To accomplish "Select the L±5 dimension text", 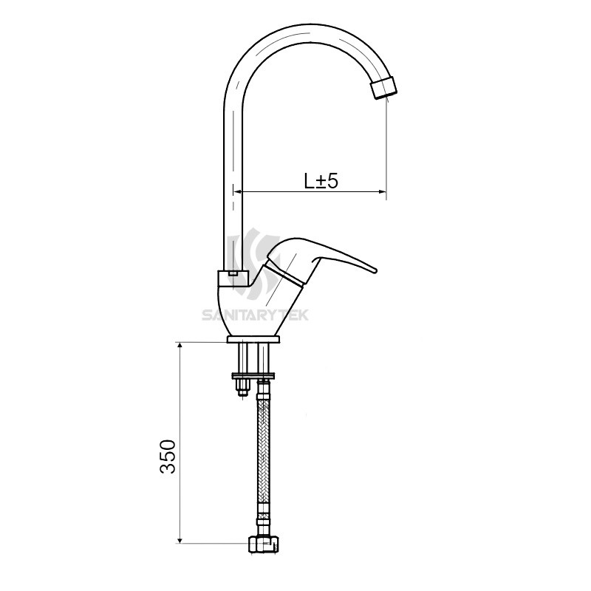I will pos(321,181).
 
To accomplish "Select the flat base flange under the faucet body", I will pos(254,341).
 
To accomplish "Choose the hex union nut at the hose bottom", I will pos(264,545).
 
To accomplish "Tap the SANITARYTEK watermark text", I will pos(256,315).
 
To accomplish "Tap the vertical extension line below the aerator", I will pos(387,140).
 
